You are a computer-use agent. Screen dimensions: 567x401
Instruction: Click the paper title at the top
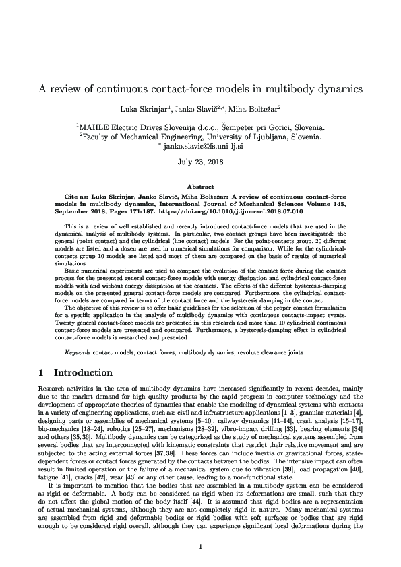(x=200, y=89)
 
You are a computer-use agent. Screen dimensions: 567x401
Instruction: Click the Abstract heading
(x=200, y=187)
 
